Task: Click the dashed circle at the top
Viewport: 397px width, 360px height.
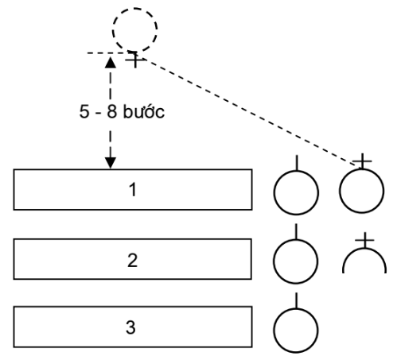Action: (x=113, y=29)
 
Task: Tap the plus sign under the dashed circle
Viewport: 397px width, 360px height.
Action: (x=135, y=60)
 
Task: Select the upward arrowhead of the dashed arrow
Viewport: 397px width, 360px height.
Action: (x=111, y=63)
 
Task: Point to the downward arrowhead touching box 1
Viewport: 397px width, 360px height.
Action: (x=111, y=163)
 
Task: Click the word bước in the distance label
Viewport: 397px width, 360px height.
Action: (x=144, y=111)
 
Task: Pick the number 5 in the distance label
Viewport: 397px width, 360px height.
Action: (x=84, y=111)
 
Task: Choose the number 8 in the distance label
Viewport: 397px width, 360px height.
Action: (x=112, y=111)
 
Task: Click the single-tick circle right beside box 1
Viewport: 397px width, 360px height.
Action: (x=274, y=192)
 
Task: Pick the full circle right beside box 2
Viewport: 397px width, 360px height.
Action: (x=274, y=261)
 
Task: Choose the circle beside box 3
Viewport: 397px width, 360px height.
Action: (x=274, y=331)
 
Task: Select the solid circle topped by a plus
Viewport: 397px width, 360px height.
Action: (x=340, y=191)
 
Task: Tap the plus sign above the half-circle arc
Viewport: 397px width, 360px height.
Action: (x=364, y=240)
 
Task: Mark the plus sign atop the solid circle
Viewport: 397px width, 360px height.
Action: (x=362, y=161)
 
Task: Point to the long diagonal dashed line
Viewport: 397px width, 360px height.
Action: (x=251, y=113)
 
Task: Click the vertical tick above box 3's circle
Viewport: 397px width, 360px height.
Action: (x=296, y=300)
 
